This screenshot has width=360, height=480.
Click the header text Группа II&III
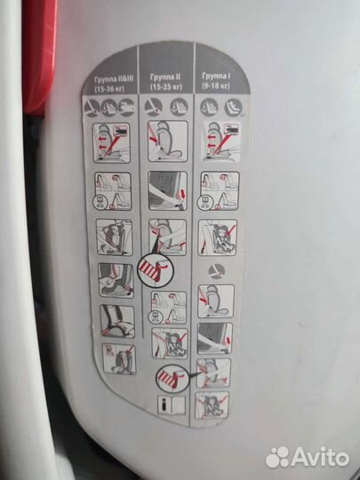(115, 79)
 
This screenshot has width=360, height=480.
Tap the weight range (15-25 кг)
(166, 87)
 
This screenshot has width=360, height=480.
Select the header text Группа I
(216, 76)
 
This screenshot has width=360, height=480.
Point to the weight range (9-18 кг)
(216, 86)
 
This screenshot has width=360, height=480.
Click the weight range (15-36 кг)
(109, 90)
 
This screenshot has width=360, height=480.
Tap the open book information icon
(172, 405)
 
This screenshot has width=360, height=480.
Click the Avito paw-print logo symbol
(277, 458)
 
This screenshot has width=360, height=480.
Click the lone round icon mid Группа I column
(217, 271)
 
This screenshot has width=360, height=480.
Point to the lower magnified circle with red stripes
(172, 379)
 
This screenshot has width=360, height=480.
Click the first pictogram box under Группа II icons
(168, 141)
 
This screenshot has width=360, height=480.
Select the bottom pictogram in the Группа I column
(212, 405)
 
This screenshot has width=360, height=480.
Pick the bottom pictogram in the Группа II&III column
(119, 358)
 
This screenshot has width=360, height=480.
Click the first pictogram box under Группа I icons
(221, 142)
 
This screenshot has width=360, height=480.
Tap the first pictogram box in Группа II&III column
(111, 142)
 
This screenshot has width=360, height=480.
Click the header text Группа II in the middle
(165, 77)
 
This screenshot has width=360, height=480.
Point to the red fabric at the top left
(40, 55)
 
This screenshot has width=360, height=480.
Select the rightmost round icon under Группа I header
(233, 108)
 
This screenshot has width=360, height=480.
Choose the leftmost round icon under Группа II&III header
(92, 108)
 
